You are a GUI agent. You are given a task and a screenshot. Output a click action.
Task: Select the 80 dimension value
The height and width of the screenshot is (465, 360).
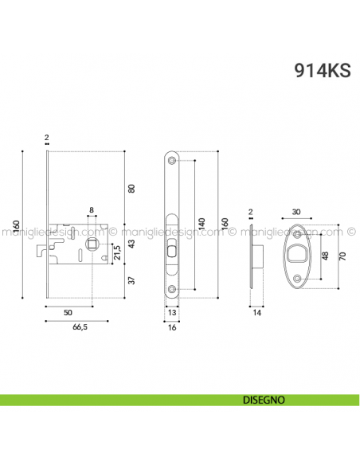[132, 188]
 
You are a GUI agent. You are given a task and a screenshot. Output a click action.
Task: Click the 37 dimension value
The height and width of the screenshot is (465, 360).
[132, 280]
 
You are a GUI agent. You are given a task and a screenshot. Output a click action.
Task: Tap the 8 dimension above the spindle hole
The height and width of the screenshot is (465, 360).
[92, 211]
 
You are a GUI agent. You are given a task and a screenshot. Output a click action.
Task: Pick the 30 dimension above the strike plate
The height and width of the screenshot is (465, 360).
[297, 211]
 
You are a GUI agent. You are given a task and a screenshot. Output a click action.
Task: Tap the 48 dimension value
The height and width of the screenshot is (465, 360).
[324, 256]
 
